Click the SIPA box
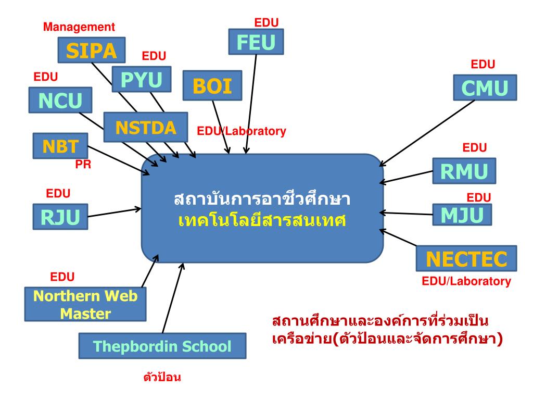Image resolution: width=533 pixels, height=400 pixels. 92,50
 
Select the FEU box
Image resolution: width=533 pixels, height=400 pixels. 256,42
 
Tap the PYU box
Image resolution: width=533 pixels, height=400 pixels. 141,80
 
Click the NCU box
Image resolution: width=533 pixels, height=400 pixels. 60,100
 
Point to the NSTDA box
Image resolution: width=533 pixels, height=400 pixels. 145,127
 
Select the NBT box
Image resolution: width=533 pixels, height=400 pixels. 59,145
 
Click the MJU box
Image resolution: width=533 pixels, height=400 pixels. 462,214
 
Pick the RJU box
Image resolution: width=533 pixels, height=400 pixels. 60,216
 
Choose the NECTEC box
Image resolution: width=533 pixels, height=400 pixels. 466,258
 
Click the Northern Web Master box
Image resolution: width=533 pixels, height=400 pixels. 85,305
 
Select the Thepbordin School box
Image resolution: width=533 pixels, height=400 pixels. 162,346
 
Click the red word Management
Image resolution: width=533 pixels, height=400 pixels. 79,27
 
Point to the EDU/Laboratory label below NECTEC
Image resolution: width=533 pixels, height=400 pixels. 466,282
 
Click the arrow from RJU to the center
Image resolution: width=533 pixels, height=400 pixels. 115,211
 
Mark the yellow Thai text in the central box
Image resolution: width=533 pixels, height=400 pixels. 262,220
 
